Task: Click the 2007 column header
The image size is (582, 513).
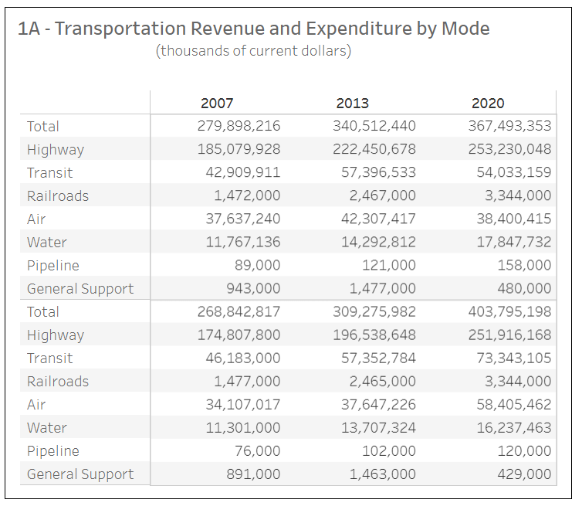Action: (217, 104)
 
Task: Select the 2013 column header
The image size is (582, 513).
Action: (352, 104)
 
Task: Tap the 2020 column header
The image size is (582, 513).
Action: (488, 104)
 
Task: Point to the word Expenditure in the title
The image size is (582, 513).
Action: (359, 29)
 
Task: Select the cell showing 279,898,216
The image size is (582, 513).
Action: (239, 126)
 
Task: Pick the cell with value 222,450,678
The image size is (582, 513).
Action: (374, 149)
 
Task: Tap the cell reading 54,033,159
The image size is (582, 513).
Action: (514, 172)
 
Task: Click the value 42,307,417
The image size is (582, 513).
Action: (378, 219)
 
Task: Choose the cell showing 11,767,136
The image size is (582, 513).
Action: (243, 242)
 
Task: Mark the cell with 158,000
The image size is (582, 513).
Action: (524, 265)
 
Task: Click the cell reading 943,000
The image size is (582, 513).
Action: (253, 289)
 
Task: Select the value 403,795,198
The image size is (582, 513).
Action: (509, 311)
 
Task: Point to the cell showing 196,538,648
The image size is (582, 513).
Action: (374, 335)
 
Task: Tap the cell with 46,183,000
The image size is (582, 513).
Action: (243, 358)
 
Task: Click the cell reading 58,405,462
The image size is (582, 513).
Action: (514, 405)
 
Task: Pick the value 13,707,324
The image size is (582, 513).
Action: (378, 427)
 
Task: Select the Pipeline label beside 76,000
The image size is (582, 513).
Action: (53, 451)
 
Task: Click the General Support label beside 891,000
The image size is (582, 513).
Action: (80, 474)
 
